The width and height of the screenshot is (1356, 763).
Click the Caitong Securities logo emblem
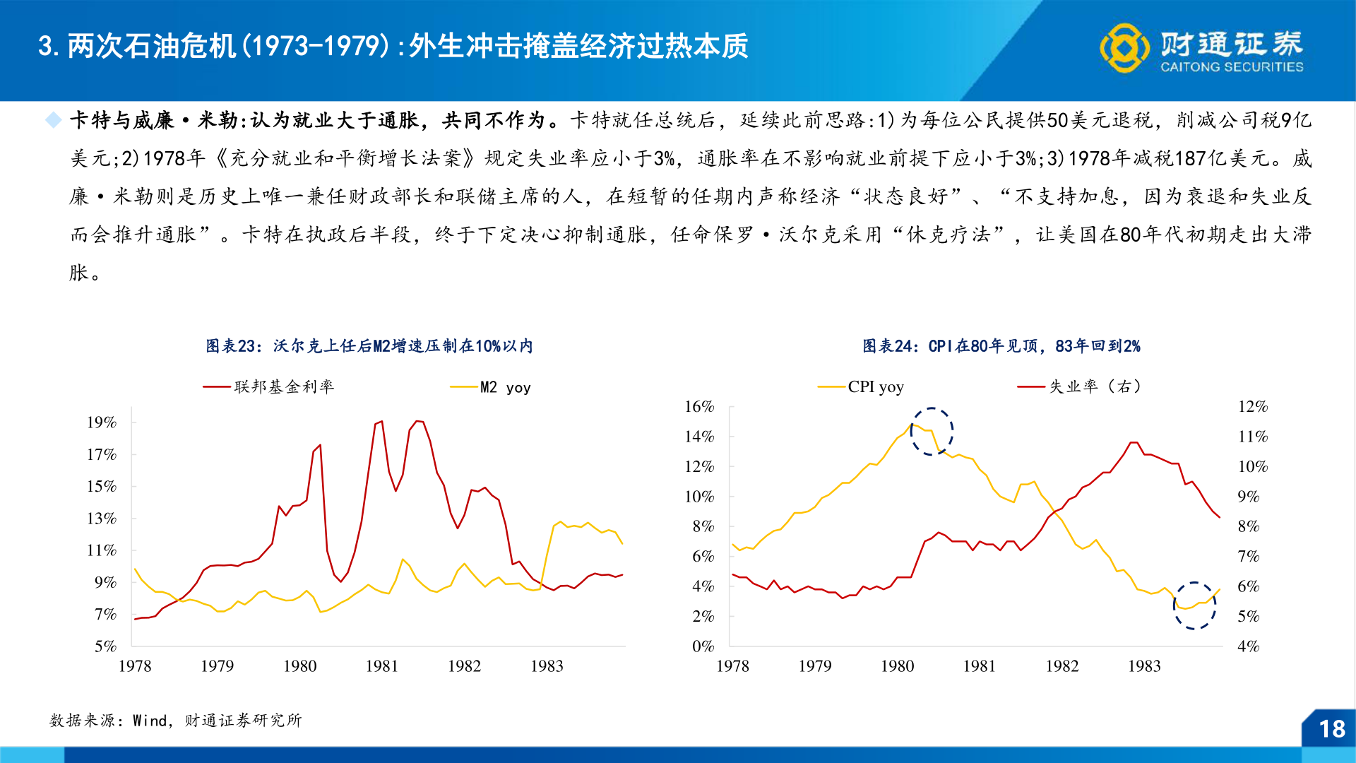point(1124,48)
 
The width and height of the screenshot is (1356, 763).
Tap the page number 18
point(1331,728)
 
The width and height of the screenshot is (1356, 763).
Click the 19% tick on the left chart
point(102,422)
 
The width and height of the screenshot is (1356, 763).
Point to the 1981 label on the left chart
point(381,666)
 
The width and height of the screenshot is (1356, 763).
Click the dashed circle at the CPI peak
point(932,431)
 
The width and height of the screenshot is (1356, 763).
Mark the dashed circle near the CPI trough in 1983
point(1194,605)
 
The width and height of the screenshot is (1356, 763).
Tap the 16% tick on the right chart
point(699,406)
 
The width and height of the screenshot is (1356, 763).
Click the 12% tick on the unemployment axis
point(1252,406)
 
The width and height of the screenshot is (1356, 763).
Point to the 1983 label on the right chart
point(1144,666)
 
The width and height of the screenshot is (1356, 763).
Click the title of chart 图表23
point(369,346)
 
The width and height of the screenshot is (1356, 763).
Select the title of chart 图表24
point(1001,346)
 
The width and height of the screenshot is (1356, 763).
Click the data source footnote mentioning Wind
point(175,720)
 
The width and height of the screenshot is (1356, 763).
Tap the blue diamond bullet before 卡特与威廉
point(54,120)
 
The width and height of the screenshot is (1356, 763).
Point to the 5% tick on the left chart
point(105,646)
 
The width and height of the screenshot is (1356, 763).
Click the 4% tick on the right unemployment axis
point(1248,646)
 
